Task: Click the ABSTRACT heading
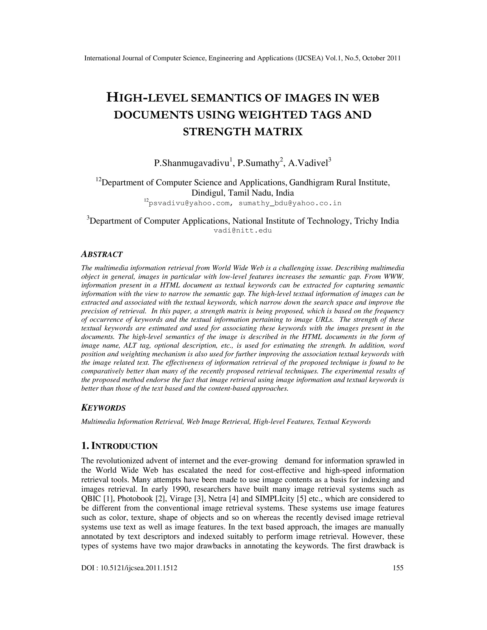coord(102,254)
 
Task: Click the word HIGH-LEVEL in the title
coord(147,98)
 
